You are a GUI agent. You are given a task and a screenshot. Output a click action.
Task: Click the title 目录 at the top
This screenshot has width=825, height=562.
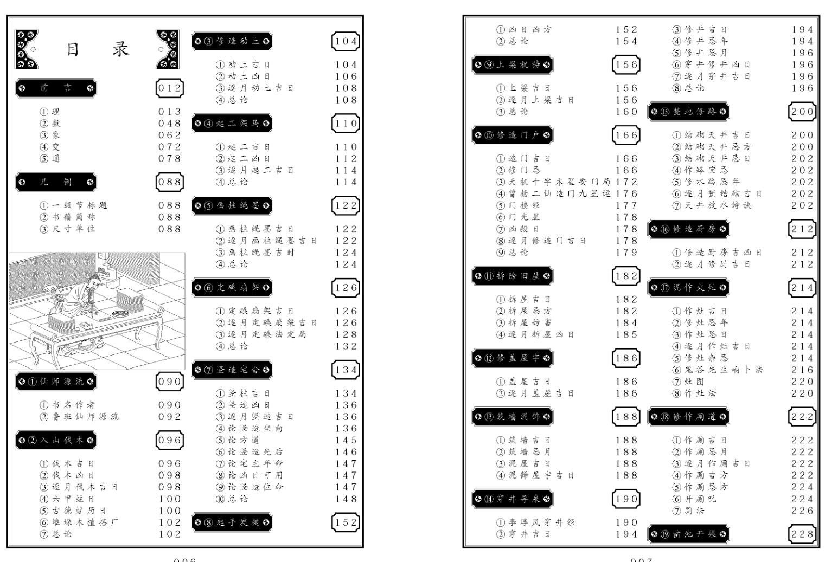tap(98, 50)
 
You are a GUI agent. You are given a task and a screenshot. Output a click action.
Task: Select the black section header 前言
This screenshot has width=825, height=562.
tap(56, 88)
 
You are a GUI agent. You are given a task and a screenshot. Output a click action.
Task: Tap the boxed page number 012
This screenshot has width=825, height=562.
tap(169, 88)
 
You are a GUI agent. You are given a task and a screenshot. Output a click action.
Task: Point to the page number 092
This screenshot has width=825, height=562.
tap(169, 417)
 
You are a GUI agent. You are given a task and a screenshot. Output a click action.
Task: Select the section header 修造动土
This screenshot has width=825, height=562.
tap(232, 41)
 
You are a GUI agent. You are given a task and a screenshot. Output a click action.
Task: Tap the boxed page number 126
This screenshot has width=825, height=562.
tap(346, 287)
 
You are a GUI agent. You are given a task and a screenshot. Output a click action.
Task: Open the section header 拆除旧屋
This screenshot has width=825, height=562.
tap(513, 276)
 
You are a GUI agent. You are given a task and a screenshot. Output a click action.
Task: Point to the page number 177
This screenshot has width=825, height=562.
tap(626, 205)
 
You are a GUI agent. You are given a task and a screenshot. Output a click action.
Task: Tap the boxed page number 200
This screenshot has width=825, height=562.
tap(802, 112)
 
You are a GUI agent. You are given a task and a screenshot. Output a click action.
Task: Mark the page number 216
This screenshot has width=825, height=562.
tap(802, 370)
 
